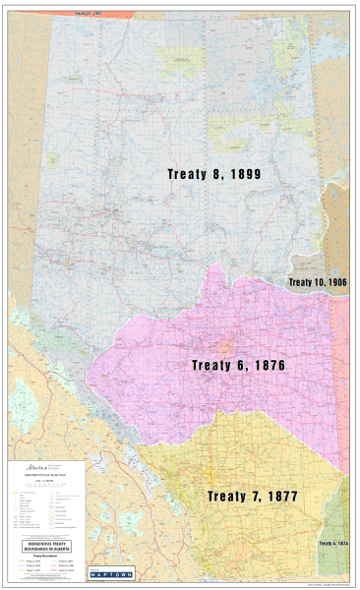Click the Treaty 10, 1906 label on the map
[x=318, y=282]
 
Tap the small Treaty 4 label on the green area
[x=334, y=543]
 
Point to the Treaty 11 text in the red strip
[x=88, y=14]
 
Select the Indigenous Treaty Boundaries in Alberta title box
[x=46, y=546]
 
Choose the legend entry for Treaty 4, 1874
[x=29, y=560]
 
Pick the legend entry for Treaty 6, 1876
[x=29, y=565]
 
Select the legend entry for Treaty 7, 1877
[x=29, y=570]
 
